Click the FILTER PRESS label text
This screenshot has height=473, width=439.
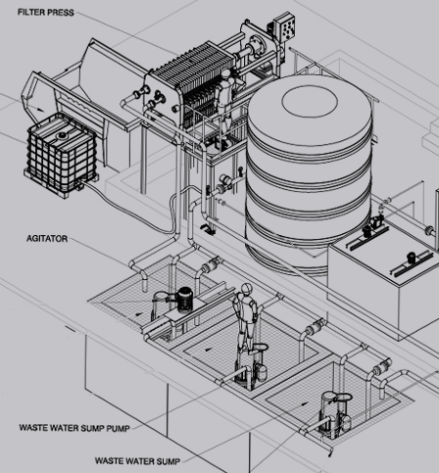coord(46,13)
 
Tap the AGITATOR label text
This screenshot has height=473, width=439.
coord(47,239)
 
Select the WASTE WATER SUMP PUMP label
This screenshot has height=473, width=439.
coord(74,428)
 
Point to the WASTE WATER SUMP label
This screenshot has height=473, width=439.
coord(137,461)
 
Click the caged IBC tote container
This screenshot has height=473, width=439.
coord(62,155)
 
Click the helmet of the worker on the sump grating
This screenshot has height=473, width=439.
coord(247,288)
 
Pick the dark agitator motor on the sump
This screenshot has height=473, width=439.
coord(184,300)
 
